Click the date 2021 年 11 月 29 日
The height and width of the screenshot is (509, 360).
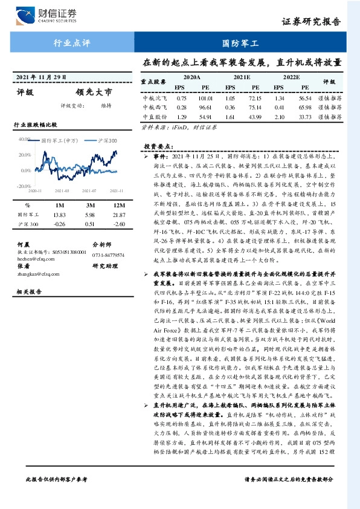(40, 77)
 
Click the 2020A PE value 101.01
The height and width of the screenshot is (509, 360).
(205, 97)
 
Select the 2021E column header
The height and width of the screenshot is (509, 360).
(242, 78)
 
